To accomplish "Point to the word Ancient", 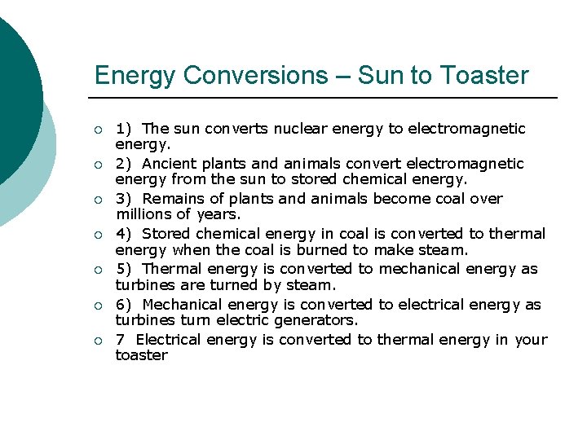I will tap(170, 164).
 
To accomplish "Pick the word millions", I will tap(143, 214).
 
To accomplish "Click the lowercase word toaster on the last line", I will tap(141, 355).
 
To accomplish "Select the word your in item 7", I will tap(531, 340).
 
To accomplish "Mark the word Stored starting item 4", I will tap(169, 234).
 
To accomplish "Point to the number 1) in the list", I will tap(124, 129).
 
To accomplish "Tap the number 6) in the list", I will tap(124, 305).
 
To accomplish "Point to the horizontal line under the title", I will tap(326, 99).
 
